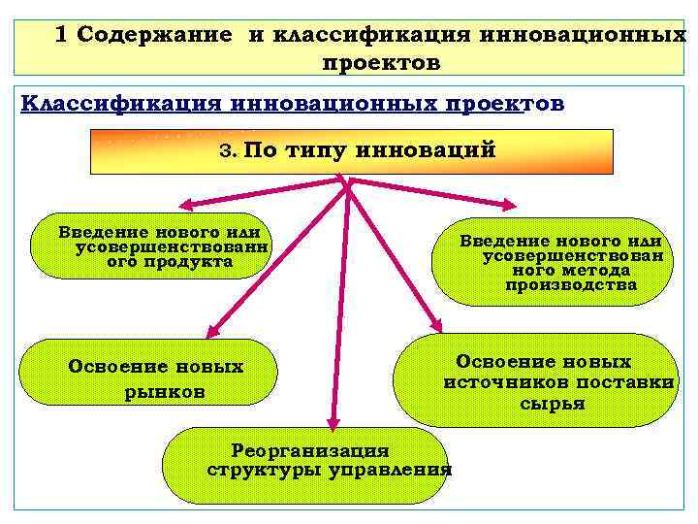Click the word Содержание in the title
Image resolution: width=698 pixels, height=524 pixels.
[x=155, y=35]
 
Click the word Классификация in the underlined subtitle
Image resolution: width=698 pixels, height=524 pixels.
[x=113, y=104]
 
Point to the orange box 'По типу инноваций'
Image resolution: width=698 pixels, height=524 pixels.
[x=352, y=151]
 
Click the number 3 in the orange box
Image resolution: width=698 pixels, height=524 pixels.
[x=228, y=152]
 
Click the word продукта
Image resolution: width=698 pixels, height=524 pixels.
[x=170, y=262]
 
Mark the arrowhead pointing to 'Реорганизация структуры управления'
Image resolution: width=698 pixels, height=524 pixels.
[x=333, y=421]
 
